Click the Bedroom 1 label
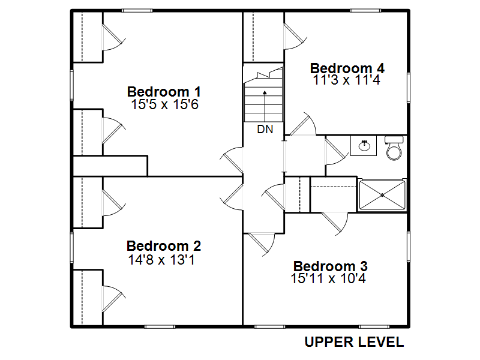click(164, 92)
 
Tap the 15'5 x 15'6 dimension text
click(164, 104)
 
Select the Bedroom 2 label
click(164, 246)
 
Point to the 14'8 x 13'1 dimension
click(161, 260)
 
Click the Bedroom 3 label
click(331, 266)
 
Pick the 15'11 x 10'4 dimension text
click(328, 278)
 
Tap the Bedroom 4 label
click(347, 68)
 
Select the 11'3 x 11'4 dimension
click(346, 80)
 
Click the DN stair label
click(265, 130)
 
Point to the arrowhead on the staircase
click(265, 92)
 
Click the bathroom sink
click(364, 146)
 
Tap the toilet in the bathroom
click(394, 148)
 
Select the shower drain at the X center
click(382, 195)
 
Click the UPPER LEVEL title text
click(354, 342)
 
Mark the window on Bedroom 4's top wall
click(365, 11)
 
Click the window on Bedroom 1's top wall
click(137, 11)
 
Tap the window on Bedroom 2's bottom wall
click(160, 327)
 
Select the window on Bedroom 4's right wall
click(409, 88)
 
